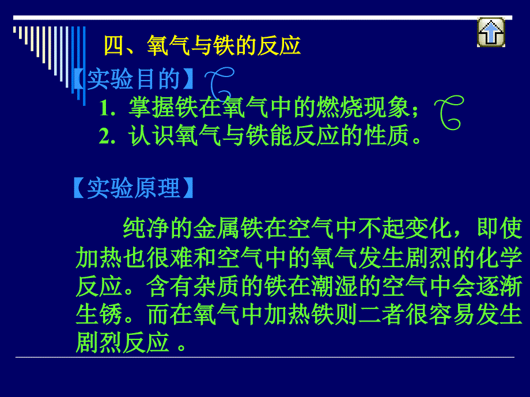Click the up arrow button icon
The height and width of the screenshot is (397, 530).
pos(491,32)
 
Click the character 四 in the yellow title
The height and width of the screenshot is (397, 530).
pos(114,45)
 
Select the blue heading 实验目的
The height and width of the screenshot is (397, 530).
pos(133,79)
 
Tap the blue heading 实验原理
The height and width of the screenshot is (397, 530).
pos(133,188)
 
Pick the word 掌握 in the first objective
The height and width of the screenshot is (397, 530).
pos(152,108)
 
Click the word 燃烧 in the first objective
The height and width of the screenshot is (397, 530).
pos(339,108)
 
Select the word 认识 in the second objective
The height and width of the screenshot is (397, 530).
pos(152,136)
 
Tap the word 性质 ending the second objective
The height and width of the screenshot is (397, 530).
pos(386,136)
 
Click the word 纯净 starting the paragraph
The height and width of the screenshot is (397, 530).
pos(146,228)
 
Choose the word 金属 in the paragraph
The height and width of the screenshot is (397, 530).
pos(216,228)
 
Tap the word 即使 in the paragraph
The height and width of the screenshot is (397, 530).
pos(499,228)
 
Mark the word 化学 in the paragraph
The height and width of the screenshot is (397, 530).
pos(499,258)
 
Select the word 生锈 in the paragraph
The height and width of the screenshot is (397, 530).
pos(99,315)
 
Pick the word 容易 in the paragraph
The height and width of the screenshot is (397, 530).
pos(453,315)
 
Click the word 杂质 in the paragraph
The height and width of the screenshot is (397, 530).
pos(216,287)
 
